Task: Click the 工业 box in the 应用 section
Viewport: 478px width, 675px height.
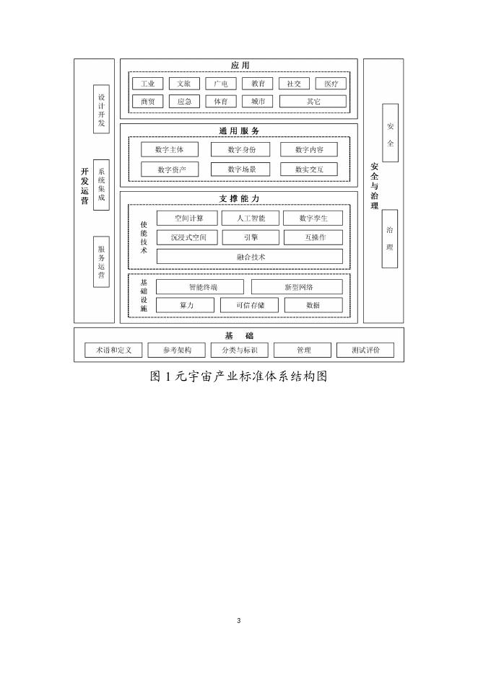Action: pos(148,84)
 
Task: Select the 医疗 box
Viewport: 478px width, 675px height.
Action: pos(331,84)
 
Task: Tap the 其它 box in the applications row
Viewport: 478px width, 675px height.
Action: pos(313,102)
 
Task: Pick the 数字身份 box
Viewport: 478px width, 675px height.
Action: pos(240,150)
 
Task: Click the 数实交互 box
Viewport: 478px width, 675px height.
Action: pos(309,169)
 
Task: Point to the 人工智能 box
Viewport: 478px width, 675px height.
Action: pos(250,218)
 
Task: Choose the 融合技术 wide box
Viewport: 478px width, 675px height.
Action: pos(250,257)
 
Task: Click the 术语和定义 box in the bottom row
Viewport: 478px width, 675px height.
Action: pos(113,350)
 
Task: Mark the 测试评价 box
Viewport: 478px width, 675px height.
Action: pos(365,350)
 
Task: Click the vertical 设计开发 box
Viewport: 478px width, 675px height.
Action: pos(101,109)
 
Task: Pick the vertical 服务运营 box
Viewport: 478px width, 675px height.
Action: pos(101,261)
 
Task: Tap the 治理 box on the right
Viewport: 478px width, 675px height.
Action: pos(390,239)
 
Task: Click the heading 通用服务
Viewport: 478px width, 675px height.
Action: pos(239,131)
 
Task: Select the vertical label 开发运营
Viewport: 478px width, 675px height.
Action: pos(84,187)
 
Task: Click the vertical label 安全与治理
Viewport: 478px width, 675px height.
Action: pos(374,185)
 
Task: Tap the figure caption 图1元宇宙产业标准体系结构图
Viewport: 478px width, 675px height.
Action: pos(239,376)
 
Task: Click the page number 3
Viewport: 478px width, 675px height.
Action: pos(239,621)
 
